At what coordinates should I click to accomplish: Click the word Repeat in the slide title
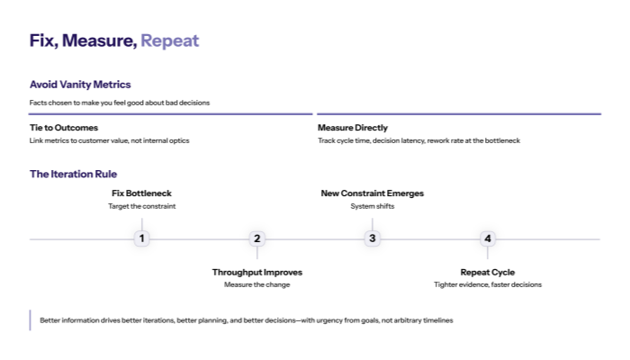(x=169, y=41)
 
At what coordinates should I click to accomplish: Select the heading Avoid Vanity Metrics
(x=80, y=85)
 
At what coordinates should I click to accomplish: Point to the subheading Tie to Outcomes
(x=64, y=128)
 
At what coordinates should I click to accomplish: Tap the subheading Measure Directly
(x=353, y=128)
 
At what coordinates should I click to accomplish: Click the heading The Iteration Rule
(x=73, y=174)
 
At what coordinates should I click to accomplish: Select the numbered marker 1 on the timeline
(x=141, y=238)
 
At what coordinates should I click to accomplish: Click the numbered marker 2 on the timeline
(x=256, y=238)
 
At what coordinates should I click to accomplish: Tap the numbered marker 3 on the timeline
(x=372, y=238)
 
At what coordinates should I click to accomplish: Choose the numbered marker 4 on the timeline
(x=487, y=238)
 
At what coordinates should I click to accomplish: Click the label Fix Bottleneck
(x=141, y=193)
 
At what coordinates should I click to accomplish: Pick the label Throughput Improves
(x=256, y=272)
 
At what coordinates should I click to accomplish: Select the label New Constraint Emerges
(x=372, y=193)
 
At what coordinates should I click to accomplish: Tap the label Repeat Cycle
(x=487, y=272)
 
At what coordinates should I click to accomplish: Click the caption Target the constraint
(x=141, y=206)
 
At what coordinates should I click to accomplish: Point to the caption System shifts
(x=372, y=206)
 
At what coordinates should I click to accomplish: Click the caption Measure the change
(x=256, y=284)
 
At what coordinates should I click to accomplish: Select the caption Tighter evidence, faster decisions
(x=487, y=284)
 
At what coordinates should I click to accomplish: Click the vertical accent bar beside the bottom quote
(x=30, y=320)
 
